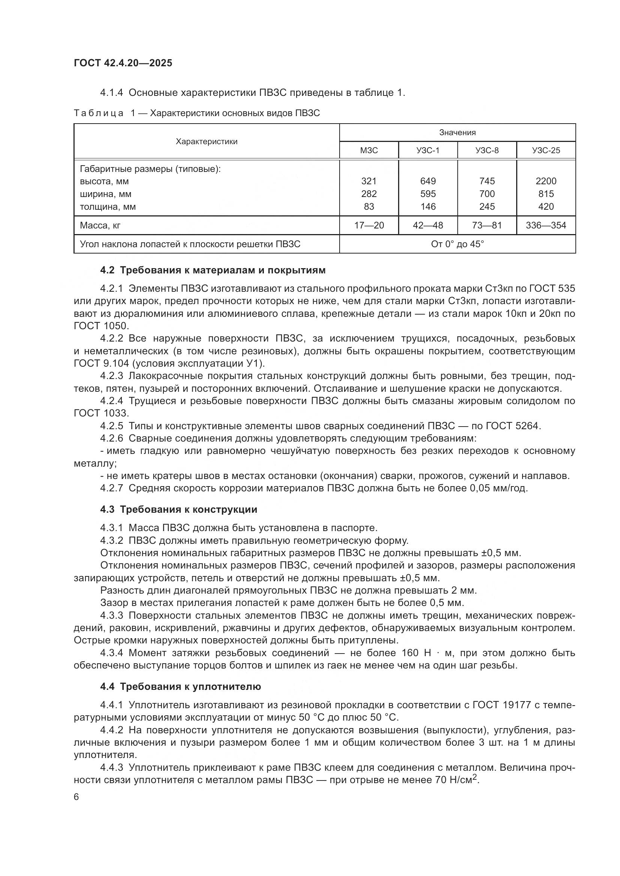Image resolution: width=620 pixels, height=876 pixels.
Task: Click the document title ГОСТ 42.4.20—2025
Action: point(123,63)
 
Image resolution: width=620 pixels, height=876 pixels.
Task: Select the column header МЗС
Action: point(369,150)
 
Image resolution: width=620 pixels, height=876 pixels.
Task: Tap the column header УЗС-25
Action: point(546,150)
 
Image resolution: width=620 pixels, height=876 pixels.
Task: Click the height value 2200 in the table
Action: point(546,181)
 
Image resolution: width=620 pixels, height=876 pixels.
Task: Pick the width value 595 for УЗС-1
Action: point(428,194)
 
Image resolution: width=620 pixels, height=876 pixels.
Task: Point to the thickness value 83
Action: point(369,206)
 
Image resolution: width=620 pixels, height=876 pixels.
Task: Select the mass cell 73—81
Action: point(487,225)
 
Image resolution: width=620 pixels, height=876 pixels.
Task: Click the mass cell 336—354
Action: point(546,225)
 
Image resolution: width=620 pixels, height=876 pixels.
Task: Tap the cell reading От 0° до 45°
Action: point(457,244)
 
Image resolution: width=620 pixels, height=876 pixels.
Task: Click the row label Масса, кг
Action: point(100,225)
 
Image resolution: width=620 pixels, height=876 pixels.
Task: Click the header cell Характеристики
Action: point(207,142)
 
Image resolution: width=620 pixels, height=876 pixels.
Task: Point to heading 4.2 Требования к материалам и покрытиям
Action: point(213,270)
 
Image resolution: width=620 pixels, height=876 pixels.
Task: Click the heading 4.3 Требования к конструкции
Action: point(179,509)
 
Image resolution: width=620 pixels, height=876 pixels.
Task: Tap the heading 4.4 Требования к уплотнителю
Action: point(181,686)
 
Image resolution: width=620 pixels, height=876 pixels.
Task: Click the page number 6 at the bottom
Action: point(76,797)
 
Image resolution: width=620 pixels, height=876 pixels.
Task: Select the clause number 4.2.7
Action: point(111,488)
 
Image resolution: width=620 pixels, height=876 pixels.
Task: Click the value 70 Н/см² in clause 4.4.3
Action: point(456,780)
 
